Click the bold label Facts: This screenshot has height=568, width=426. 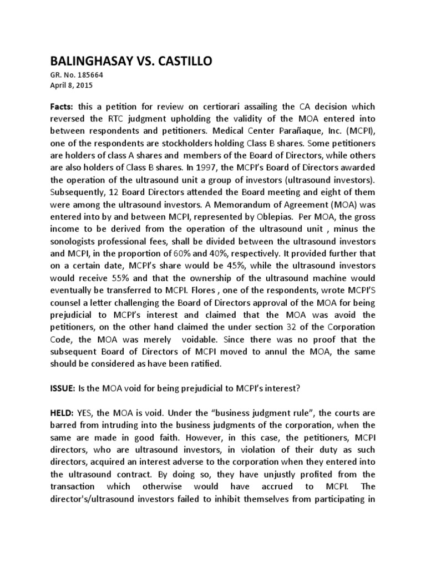pyautogui.click(x=62, y=106)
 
